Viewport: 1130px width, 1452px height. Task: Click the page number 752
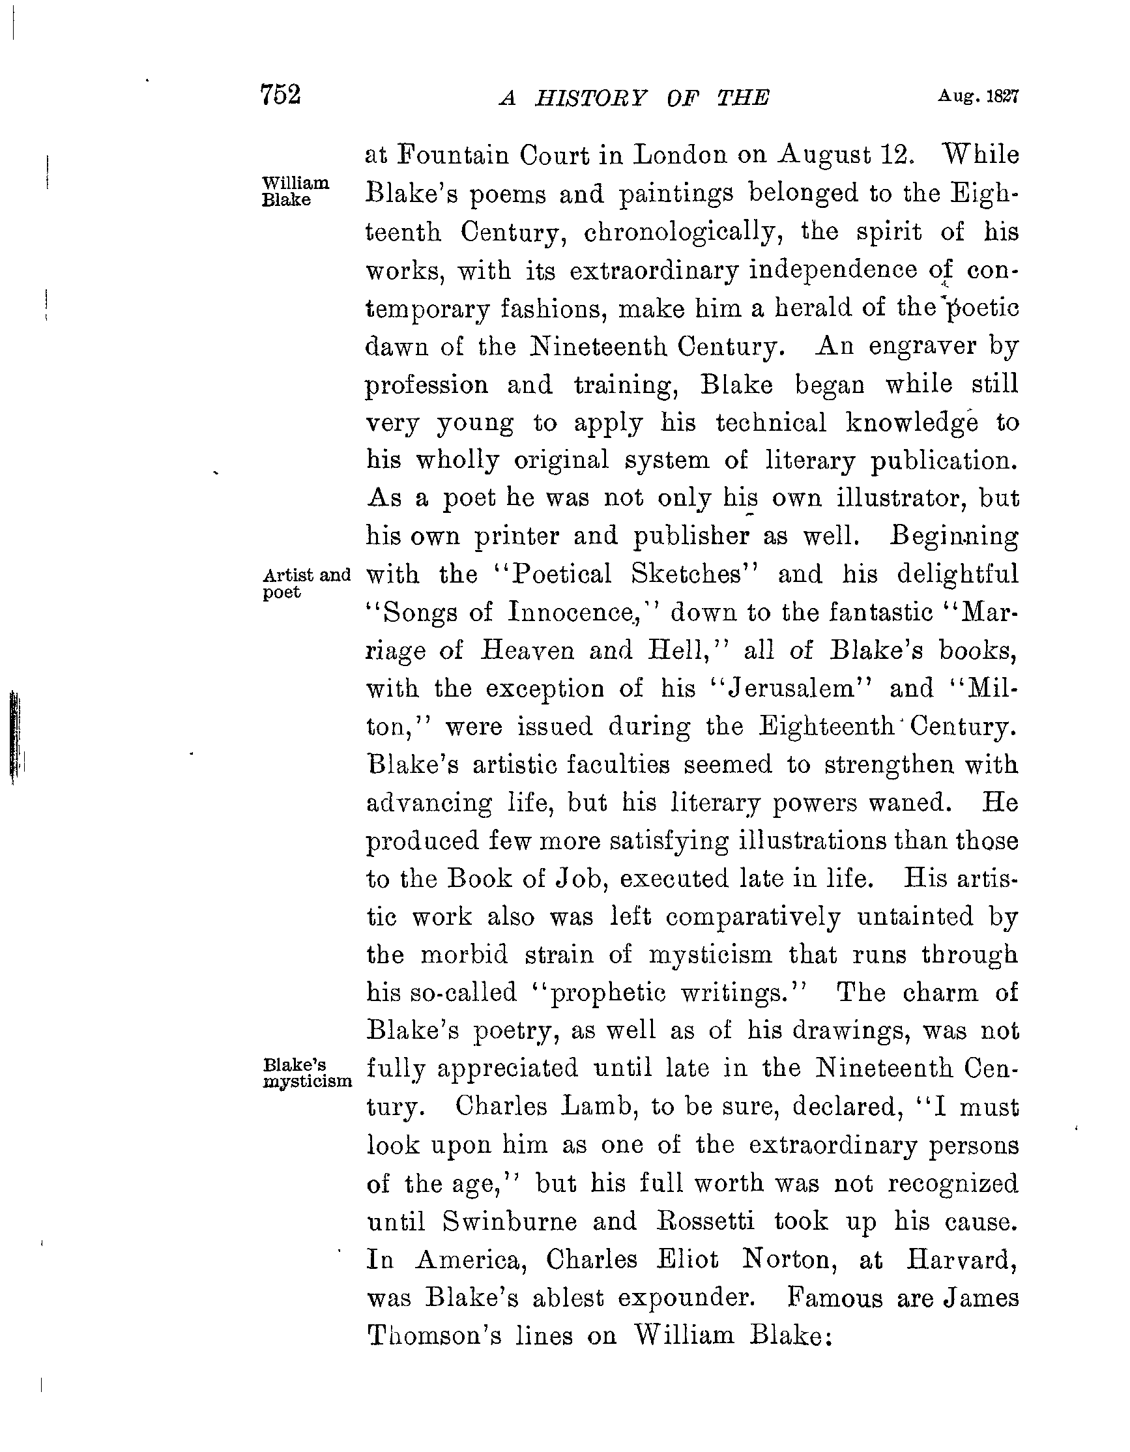(281, 94)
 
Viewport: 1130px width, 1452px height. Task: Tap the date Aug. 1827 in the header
(978, 96)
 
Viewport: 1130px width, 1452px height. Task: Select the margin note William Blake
(295, 192)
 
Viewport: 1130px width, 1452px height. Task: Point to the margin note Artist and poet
(306, 583)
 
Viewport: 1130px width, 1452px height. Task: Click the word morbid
(464, 955)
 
